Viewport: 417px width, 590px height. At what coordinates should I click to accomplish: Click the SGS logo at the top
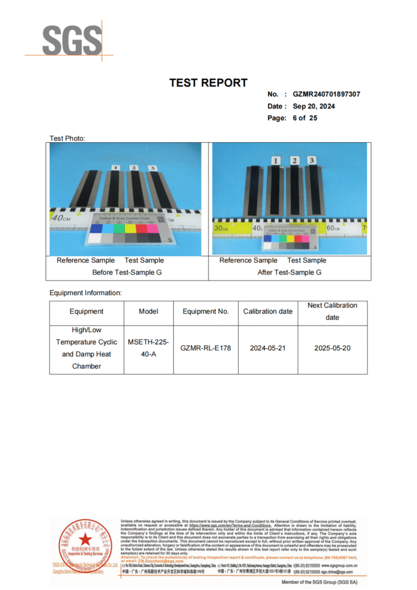coord(71,40)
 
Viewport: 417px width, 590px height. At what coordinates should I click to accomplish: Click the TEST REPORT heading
coord(208,83)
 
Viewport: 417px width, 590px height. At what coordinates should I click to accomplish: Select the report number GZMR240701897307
coord(326,94)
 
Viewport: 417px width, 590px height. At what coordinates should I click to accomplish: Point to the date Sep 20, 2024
coord(313,106)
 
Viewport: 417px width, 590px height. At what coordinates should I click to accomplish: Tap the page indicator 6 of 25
coord(305,118)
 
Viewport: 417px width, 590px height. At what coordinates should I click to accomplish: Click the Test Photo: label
coord(67,138)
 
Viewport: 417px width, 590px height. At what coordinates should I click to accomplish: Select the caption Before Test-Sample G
coord(127,272)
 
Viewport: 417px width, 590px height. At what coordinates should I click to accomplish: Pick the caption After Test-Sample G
coord(289,272)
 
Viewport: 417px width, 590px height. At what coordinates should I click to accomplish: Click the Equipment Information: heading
coord(85,293)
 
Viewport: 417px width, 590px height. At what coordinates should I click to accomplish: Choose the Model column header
coord(149,312)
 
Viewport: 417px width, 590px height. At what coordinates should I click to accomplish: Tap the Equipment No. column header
coord(206,312)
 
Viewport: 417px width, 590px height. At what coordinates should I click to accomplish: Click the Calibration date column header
coord(268,312)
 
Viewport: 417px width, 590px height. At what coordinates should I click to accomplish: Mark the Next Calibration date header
coord(332,311)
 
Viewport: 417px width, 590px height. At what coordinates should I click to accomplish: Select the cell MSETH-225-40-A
coord(149,348)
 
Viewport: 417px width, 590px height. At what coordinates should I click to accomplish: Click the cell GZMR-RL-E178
coord(206,348)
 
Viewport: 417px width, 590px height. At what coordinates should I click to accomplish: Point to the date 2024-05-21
coord(268,348)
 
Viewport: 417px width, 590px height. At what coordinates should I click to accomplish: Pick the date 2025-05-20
coord(332,348)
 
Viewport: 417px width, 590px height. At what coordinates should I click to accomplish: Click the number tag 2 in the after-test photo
coord(294,161)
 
